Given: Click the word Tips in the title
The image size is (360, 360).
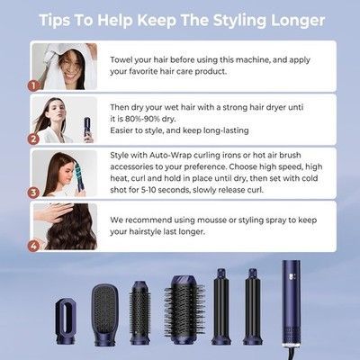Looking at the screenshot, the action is coord(55,21).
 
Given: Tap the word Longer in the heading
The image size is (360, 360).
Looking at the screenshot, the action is coord(298,21).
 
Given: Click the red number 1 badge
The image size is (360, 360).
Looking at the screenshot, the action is coord(33,85).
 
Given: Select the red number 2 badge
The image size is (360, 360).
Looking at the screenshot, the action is coord(33,139).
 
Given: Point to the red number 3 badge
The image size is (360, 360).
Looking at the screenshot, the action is coord(33,193).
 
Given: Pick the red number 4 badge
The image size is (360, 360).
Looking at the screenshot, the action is coord(33,246).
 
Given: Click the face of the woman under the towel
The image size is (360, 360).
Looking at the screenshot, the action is coord(71,68).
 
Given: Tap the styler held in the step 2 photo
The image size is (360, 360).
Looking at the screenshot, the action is coord(87,130).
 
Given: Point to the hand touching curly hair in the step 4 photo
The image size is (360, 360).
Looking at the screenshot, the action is coord(54,213).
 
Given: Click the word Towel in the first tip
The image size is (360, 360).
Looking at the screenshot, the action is coord(121,59).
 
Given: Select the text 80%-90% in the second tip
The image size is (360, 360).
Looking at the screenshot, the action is coord(142,119).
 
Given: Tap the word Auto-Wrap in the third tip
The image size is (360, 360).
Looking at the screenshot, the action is coord(170,155).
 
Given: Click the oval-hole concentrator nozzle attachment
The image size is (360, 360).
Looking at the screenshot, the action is coord(65,321).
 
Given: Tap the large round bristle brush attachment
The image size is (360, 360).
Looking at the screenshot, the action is coord(184,310).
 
